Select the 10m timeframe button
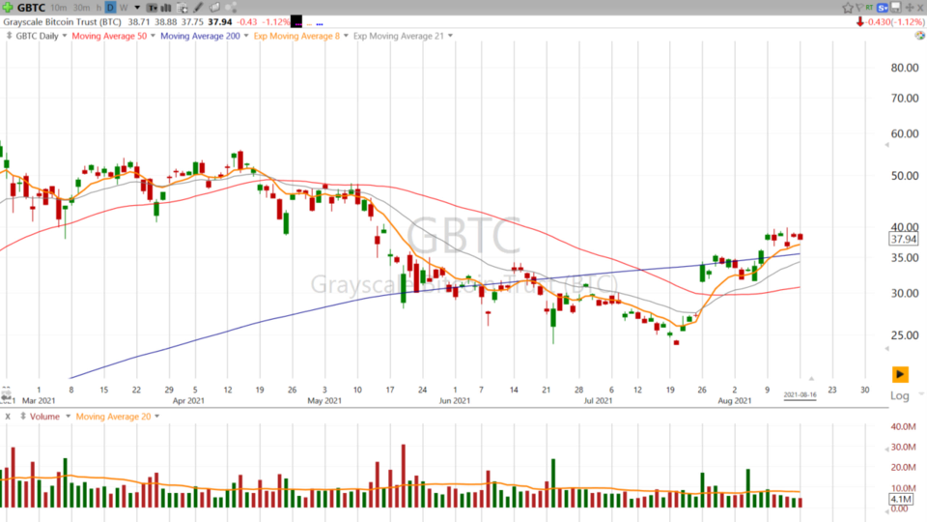point(58,7)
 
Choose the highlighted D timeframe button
point(110,7)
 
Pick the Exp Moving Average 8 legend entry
point(295,36)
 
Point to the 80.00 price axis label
point(904,68)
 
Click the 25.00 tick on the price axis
point(904,335)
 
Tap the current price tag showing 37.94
point(904,239)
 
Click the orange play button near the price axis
point(900,374)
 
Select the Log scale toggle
point(899,396)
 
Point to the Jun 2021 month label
point(455,400)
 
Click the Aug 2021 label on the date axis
point(735,400)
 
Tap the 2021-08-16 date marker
point(801,394)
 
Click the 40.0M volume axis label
point(903,427)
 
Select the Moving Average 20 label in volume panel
point(114,417)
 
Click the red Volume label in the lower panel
point(44,417)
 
